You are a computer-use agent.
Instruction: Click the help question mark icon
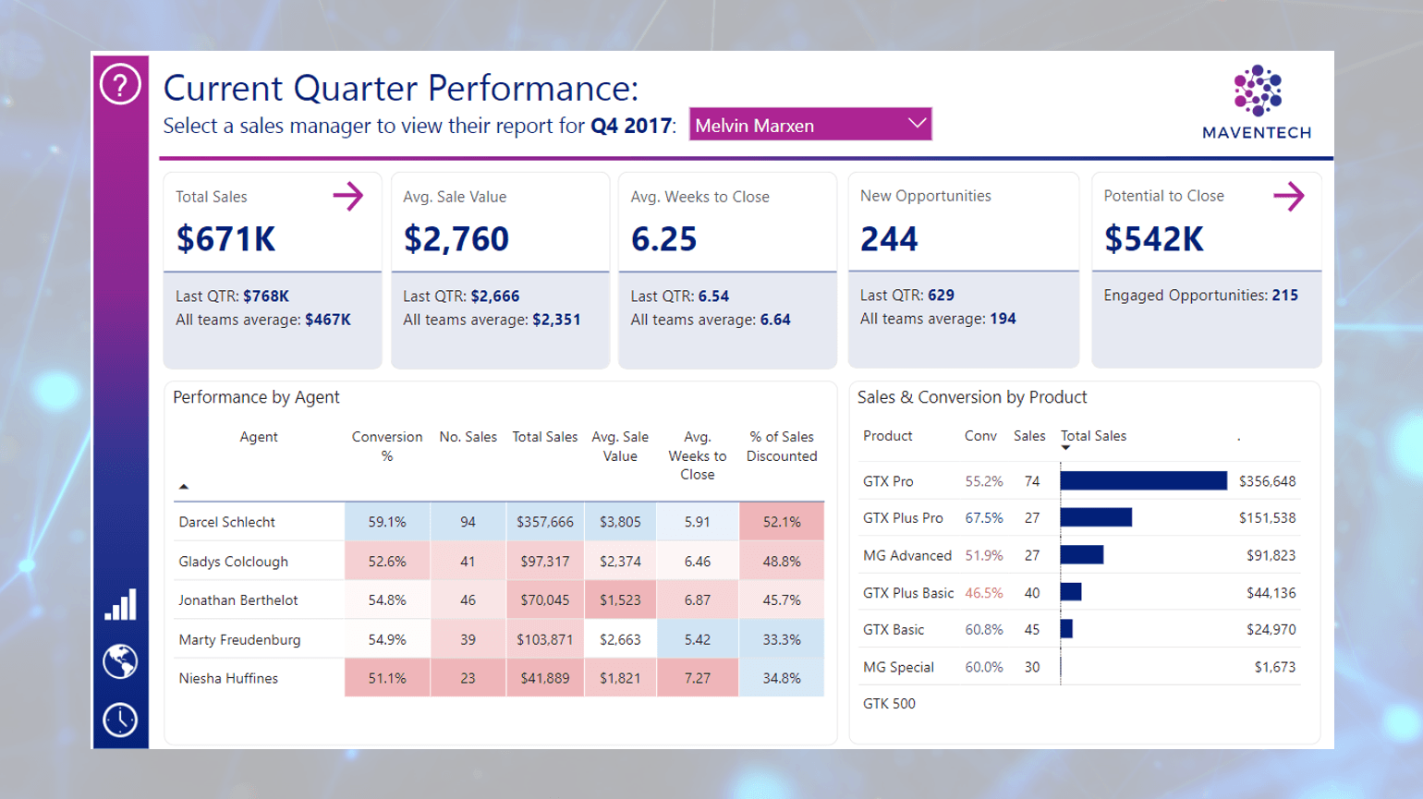tap(120, 85)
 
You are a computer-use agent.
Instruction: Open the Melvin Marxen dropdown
tap(809, 125)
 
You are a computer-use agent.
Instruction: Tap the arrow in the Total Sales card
tap(347, 196)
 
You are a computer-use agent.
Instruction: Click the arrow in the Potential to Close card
tap(1288, 196)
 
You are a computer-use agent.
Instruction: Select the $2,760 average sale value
tap(456, 239)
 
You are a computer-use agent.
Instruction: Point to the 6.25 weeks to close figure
tap(663, 239)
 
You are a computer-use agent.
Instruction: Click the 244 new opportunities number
tap(889, 239)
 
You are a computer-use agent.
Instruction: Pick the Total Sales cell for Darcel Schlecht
tap(544, 522)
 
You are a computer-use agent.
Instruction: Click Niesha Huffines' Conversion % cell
tap(386, 678)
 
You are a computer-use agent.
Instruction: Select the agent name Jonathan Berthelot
tap(238, 600)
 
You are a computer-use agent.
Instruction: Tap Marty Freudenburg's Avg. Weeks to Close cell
tap(697, 639)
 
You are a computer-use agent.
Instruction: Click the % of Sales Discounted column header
tap(782, 446)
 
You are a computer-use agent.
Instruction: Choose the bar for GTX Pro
tap(1143, 481)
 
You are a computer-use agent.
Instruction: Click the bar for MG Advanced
tap(1082, 555)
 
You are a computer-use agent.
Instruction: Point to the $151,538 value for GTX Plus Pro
tap(1267, 518)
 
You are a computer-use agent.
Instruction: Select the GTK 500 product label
tap(889, 704)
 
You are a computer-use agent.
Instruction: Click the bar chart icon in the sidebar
tap(120, 605)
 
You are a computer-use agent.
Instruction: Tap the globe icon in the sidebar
tap(120, 661)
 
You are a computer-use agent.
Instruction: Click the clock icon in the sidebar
tap(120, 720)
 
